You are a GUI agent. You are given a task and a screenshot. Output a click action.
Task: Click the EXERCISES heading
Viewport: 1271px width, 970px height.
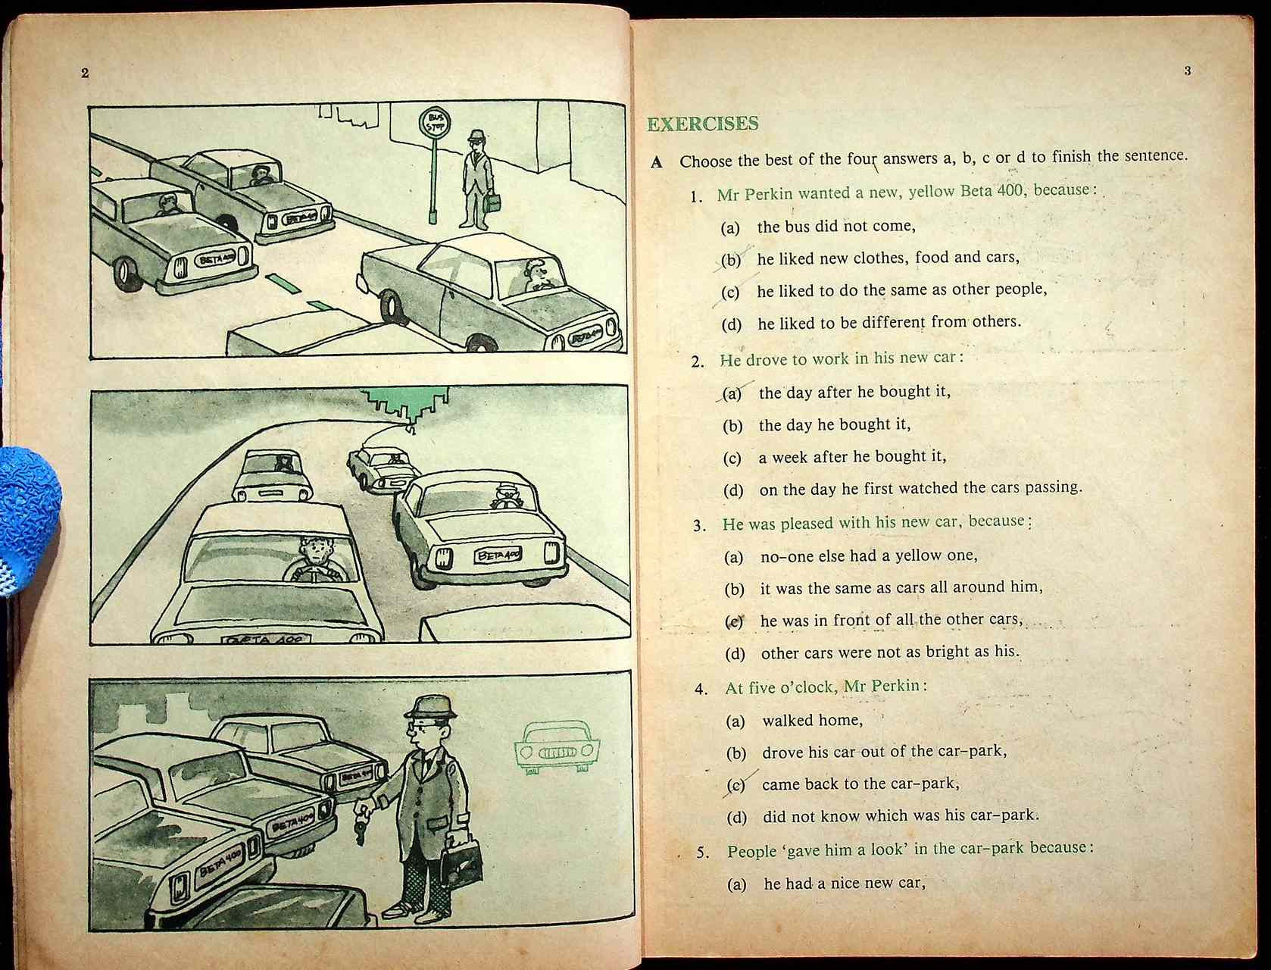tap(702, 124)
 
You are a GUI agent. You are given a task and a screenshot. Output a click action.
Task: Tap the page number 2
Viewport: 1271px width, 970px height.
tap(85, 74)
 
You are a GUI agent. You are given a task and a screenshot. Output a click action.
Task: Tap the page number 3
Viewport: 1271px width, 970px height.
tap(1187, 71)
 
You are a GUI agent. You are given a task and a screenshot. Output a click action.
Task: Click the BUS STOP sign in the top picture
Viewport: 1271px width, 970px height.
tap(435, 123)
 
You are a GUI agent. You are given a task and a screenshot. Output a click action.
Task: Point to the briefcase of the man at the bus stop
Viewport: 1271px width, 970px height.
tap(493, 202)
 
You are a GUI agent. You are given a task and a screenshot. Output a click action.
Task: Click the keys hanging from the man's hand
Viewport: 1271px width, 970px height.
tap(361, 827)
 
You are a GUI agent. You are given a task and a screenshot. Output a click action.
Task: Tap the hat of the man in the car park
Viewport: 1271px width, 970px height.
tap(429, 707)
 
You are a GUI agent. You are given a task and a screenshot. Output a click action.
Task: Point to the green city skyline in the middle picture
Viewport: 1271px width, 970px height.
tap(406, 402)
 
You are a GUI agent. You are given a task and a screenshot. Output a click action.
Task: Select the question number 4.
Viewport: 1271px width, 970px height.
tap(701, 689)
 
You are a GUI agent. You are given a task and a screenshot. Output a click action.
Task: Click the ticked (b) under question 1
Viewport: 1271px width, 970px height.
tap(731, 260)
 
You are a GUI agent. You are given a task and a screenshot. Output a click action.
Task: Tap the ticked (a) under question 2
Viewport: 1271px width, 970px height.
tap(732, 393)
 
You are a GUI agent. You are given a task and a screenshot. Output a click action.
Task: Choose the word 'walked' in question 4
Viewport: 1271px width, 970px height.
tap(788, 720)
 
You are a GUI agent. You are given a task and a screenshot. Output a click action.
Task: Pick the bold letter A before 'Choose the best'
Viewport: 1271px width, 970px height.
tap(657, 162)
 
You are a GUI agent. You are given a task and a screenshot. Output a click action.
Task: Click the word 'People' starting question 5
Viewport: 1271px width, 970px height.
tap(752, 851)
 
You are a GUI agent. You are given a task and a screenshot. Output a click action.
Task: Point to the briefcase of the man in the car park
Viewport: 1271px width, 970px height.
tap(462, 863)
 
